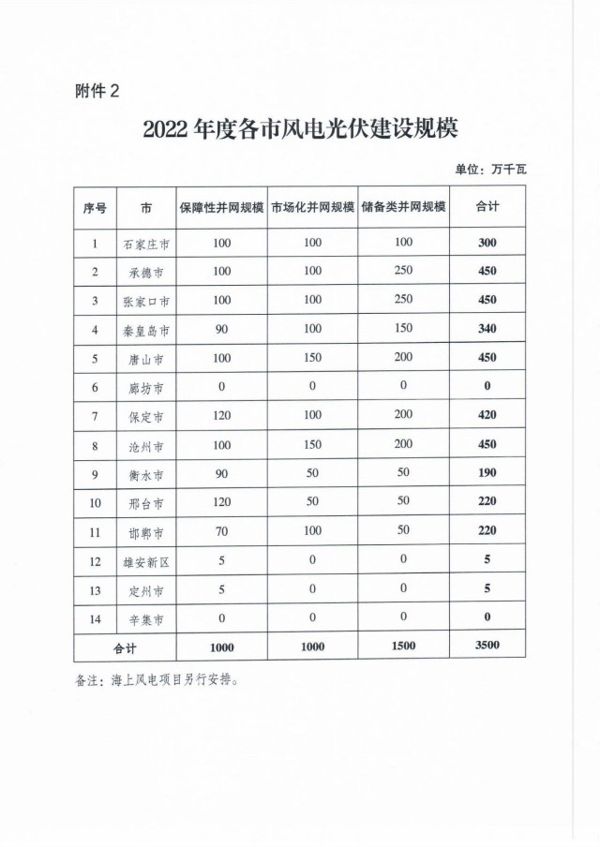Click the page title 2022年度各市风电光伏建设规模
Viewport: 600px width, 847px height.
[299, 128]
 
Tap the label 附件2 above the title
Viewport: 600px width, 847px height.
[97, 91]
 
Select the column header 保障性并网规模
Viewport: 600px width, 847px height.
[221, 208]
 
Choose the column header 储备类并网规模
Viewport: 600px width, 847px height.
[403, 208]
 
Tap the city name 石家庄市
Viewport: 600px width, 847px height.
[145, 245]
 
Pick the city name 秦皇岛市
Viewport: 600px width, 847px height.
[145, 329]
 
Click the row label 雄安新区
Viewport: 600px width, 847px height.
[145, 562]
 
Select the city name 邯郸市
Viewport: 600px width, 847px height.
[145, 533]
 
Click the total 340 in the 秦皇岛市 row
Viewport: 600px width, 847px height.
[486, 329]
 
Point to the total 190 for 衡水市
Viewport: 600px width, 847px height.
[486, 475]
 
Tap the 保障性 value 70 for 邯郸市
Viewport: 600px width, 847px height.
[221, 533]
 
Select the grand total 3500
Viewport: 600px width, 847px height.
[486, 648]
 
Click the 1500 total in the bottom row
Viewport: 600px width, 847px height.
[403, 648]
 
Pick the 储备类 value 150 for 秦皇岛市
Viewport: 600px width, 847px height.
[403, 329]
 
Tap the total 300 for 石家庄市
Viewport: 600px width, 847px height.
[486, 245]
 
